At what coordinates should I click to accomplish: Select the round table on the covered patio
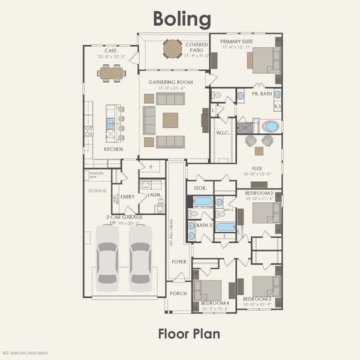[x=173, y=48]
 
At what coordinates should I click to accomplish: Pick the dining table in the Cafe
[x=112, y=73]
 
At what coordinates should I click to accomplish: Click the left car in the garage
[x=108, y=254]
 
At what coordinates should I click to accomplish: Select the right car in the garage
[x=140, y=254]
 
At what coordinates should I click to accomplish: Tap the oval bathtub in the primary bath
[x=271, y=127]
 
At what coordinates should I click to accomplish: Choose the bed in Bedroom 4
[x=209, y=289]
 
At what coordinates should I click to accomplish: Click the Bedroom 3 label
[x=257, y=298]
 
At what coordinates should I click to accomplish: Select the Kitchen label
[x=113, y=149]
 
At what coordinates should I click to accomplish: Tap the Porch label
[x=178, y=293]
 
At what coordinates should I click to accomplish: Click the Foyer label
[x=179, y=262]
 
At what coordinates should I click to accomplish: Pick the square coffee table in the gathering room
[x=170, y=120]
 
